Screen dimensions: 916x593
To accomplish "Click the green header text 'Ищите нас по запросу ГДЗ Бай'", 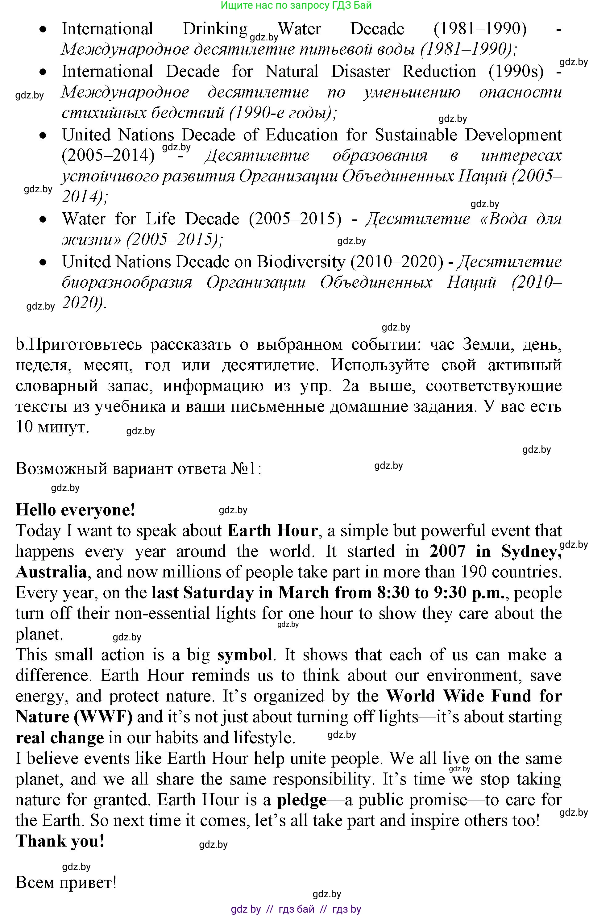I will click(296, 5).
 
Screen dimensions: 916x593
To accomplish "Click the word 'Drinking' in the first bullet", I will click(215, 29).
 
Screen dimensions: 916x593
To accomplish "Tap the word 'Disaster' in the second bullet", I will click(361, 72).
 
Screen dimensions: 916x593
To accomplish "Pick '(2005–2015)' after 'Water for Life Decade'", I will click(295, 219).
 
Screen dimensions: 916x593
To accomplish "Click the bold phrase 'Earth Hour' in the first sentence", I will click(272, 531).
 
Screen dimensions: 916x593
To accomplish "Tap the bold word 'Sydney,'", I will click(531, 552).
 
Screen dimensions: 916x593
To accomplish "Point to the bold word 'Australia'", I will click(51, 572).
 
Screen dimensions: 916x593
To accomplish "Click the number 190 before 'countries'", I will click(471, 572).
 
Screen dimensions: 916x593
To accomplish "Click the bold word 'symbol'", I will click(245, 655).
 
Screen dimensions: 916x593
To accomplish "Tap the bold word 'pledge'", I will click(302, 800).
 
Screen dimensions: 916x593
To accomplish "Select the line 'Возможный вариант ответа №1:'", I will click(138, 469).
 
